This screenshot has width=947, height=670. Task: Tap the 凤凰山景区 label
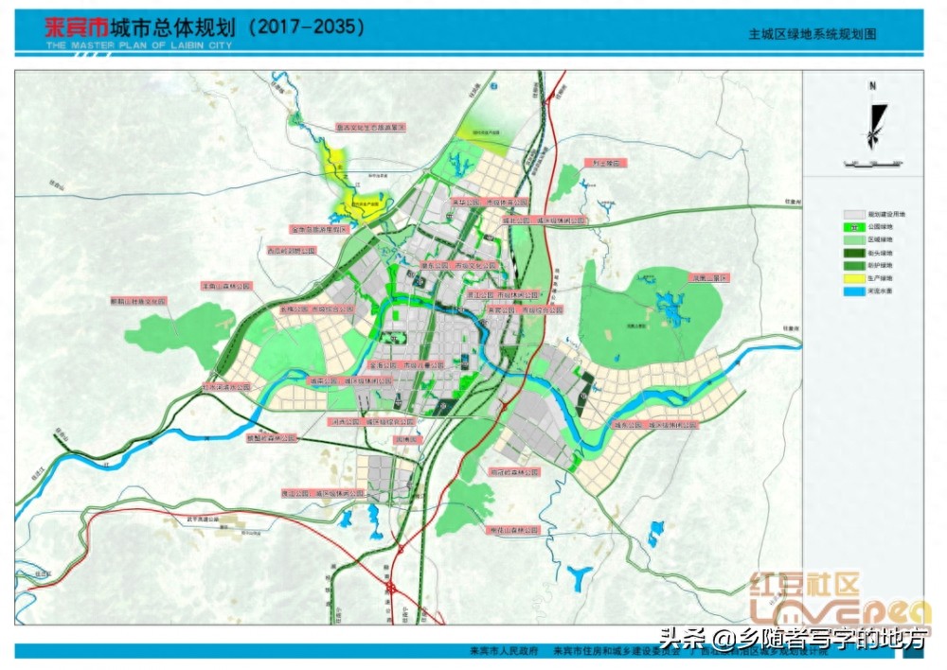click(x=710, y=278)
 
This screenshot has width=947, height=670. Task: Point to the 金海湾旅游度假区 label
click(x=319, y=229)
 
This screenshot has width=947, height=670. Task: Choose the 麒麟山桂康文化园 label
click(x=138, y=301)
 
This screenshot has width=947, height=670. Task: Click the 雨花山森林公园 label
click(x=512, y=531)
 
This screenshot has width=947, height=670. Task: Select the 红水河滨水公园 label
click(x=226, y=386)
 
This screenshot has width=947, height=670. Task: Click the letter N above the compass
click(x=873, y=86)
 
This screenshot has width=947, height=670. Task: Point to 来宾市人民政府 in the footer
click(x=504, y=651)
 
